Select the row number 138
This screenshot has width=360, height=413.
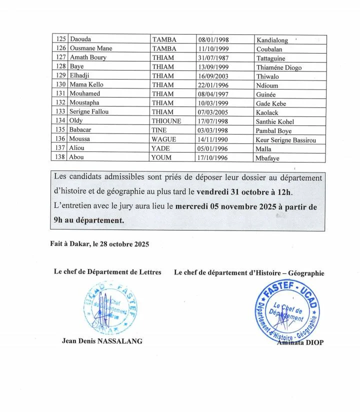(60, 157)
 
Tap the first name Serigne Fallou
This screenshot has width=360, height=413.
(89, 111)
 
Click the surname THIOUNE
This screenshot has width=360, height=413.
(166, 121)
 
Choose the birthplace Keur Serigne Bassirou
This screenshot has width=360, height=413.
(285, 140)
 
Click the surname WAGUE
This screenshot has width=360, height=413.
(163, 139)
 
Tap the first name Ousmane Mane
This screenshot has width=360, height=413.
(91, 48)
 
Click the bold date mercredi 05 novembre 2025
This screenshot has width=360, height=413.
(229, 206)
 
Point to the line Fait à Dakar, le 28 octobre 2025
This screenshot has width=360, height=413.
(99, 244)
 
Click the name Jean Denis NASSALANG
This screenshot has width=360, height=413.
(101, 341)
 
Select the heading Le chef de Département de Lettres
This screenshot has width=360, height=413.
(107, 272)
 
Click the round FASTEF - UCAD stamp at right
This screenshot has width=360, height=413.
(289, 310)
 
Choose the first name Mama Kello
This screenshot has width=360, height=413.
(86, 84)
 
